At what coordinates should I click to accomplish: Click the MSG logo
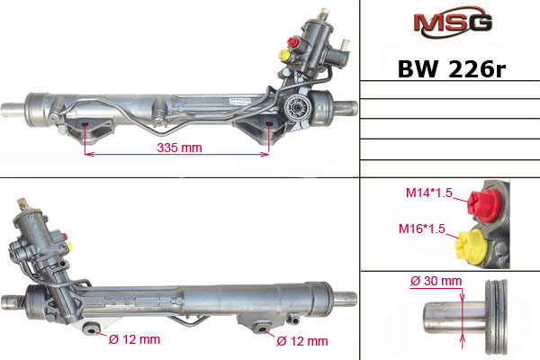coord(453,22)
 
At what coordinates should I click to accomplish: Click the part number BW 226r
coord(452,69)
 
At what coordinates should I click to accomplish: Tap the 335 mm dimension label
coord(179,148)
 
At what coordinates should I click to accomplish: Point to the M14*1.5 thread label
coord(428,193)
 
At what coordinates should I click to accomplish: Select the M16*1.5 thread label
coord(422,229)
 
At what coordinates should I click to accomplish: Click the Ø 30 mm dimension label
coord(436,281)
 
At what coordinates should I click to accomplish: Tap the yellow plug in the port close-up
coord(471,247)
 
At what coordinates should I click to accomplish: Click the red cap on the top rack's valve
coord(293,42)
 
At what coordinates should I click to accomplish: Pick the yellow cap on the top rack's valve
coord(284,55)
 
